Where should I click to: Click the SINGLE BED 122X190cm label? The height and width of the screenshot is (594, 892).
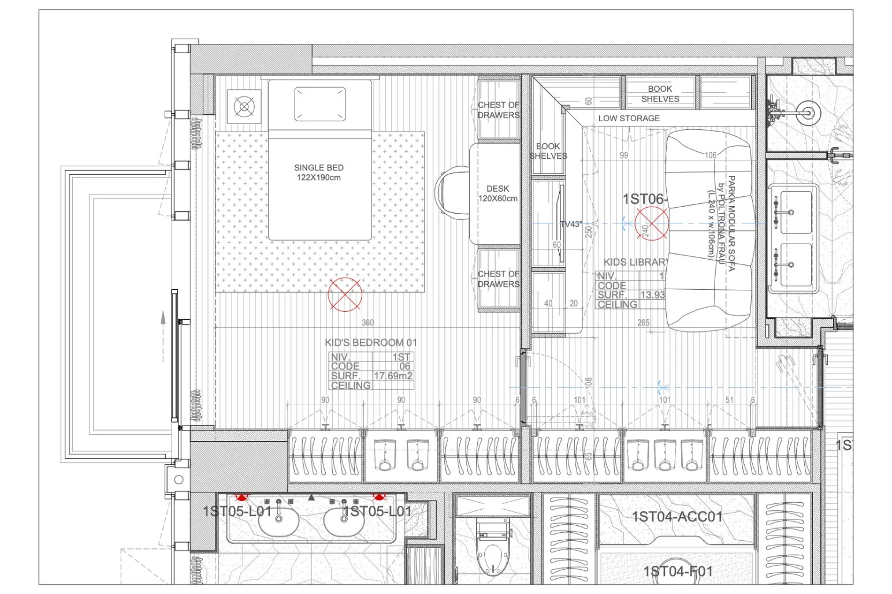click(x=318, y=172)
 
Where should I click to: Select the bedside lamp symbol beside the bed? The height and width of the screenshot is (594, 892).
click(x=244, y=107)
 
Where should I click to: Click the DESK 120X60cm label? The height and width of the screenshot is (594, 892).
click(x=497, y=193)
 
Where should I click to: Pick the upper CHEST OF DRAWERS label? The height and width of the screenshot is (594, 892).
click(x=498, y=110)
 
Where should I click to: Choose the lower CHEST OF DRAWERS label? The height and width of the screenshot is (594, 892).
click(x=498, y=279)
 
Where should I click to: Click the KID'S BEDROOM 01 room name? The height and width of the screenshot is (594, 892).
click(x=370, y=342)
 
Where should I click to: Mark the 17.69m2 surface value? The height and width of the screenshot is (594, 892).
click(x=393, y=376)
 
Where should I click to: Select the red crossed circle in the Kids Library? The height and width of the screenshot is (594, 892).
click(x=652, y=225)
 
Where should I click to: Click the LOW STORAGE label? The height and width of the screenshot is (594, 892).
click(x=629, y=118)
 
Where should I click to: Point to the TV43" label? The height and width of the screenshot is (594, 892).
click(x=571, y=224)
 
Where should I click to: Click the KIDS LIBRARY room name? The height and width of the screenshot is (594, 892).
click(x=635, y=262)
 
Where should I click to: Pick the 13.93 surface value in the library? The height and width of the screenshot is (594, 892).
click(x=652, y=295)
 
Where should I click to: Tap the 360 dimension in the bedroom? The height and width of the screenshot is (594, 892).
click(x=367, y=323)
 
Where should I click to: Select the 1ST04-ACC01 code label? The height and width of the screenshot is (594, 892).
click(x=677, y=516)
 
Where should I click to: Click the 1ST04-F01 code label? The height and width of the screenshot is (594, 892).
click(x=677, y=571)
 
